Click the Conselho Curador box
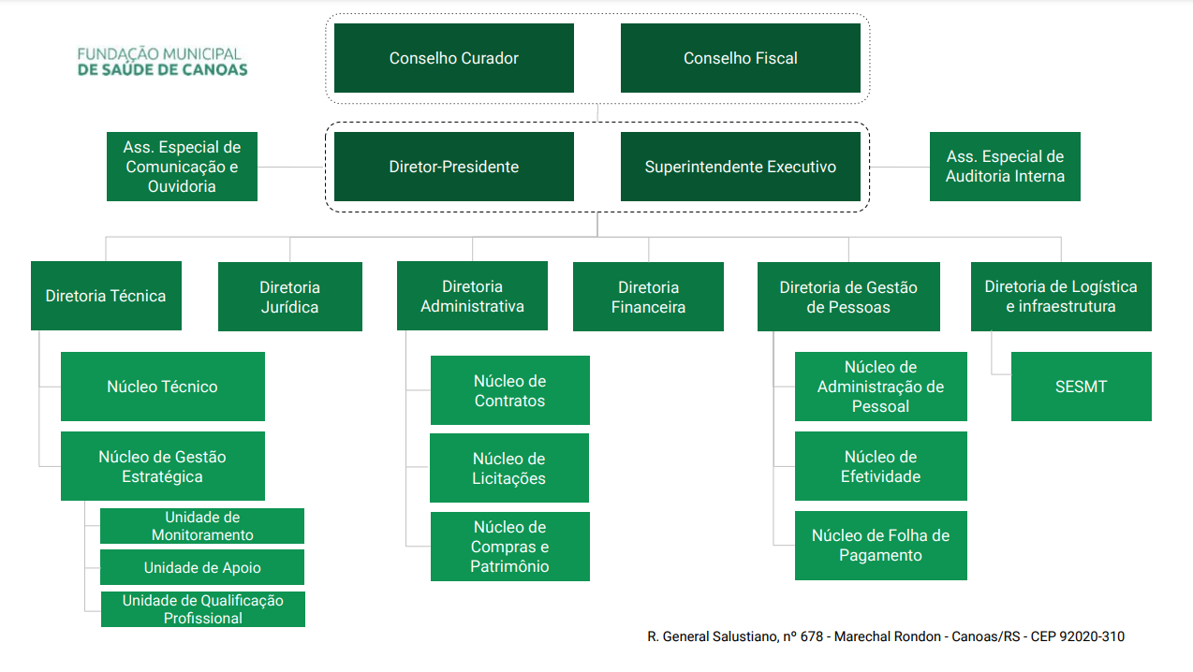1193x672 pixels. tap(454, 58)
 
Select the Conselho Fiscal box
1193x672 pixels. tap(741, 58)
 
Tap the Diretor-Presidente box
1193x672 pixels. tap(454, 167)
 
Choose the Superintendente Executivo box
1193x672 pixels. tap(741, 167)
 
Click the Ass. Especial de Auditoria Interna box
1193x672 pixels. tap(1005, 167)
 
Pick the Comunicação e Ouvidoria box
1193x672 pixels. tap(182, 167)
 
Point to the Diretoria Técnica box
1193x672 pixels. tap(106, 296)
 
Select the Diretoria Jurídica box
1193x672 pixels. tap(290, 297)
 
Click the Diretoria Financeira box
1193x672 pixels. tap(648, 297)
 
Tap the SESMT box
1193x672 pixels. tap(1082, 387)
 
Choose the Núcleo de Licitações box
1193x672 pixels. tap(509, 468)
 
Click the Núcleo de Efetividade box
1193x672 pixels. tap(881, 466)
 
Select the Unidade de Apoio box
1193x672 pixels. tap(202, 567)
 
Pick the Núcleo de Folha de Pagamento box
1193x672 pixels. tap(881, 546)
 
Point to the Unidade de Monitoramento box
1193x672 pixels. tap(202, 526)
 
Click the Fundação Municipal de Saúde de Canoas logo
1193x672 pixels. tap(162, 62)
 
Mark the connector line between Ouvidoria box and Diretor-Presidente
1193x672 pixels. tap(291, 167)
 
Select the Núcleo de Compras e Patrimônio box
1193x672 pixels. tap(510, 547)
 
